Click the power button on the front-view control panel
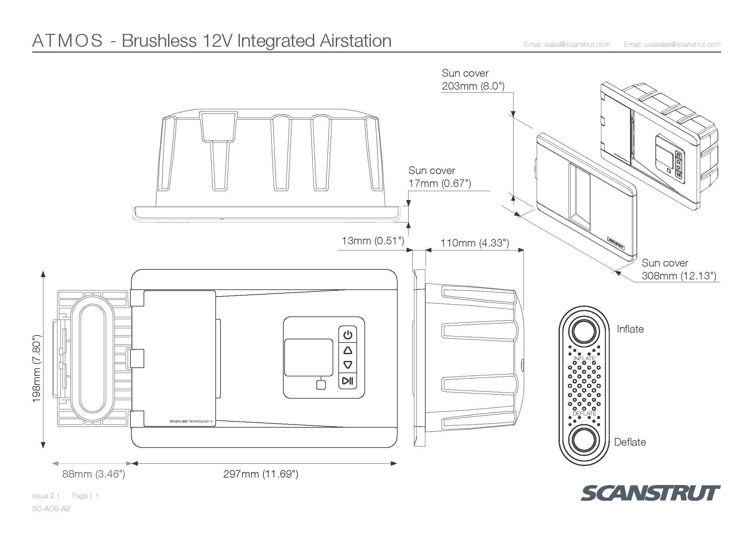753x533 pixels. click(x=348, y=335)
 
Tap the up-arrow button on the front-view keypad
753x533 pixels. click(x=348, y=351)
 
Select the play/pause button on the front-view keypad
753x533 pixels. click(x=348, y=381)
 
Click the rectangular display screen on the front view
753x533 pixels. click(x=308, y=357)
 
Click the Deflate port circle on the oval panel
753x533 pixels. click(x=584, y=440)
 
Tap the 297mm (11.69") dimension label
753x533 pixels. click(x=261, y=474)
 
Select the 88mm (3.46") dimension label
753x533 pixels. click(x=93, y=474)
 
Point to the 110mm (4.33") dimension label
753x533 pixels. click(x=475, y=243)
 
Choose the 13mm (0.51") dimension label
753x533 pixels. click(x=373, y=241)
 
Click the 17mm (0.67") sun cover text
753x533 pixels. click(x=439, y=183)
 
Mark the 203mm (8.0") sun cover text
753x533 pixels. click(x=473, y=86)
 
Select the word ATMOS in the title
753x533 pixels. click(x=68, y=41)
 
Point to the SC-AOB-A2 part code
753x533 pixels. click(x=51, y=509)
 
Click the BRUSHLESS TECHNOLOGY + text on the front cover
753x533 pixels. click(x=191, y=421)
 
